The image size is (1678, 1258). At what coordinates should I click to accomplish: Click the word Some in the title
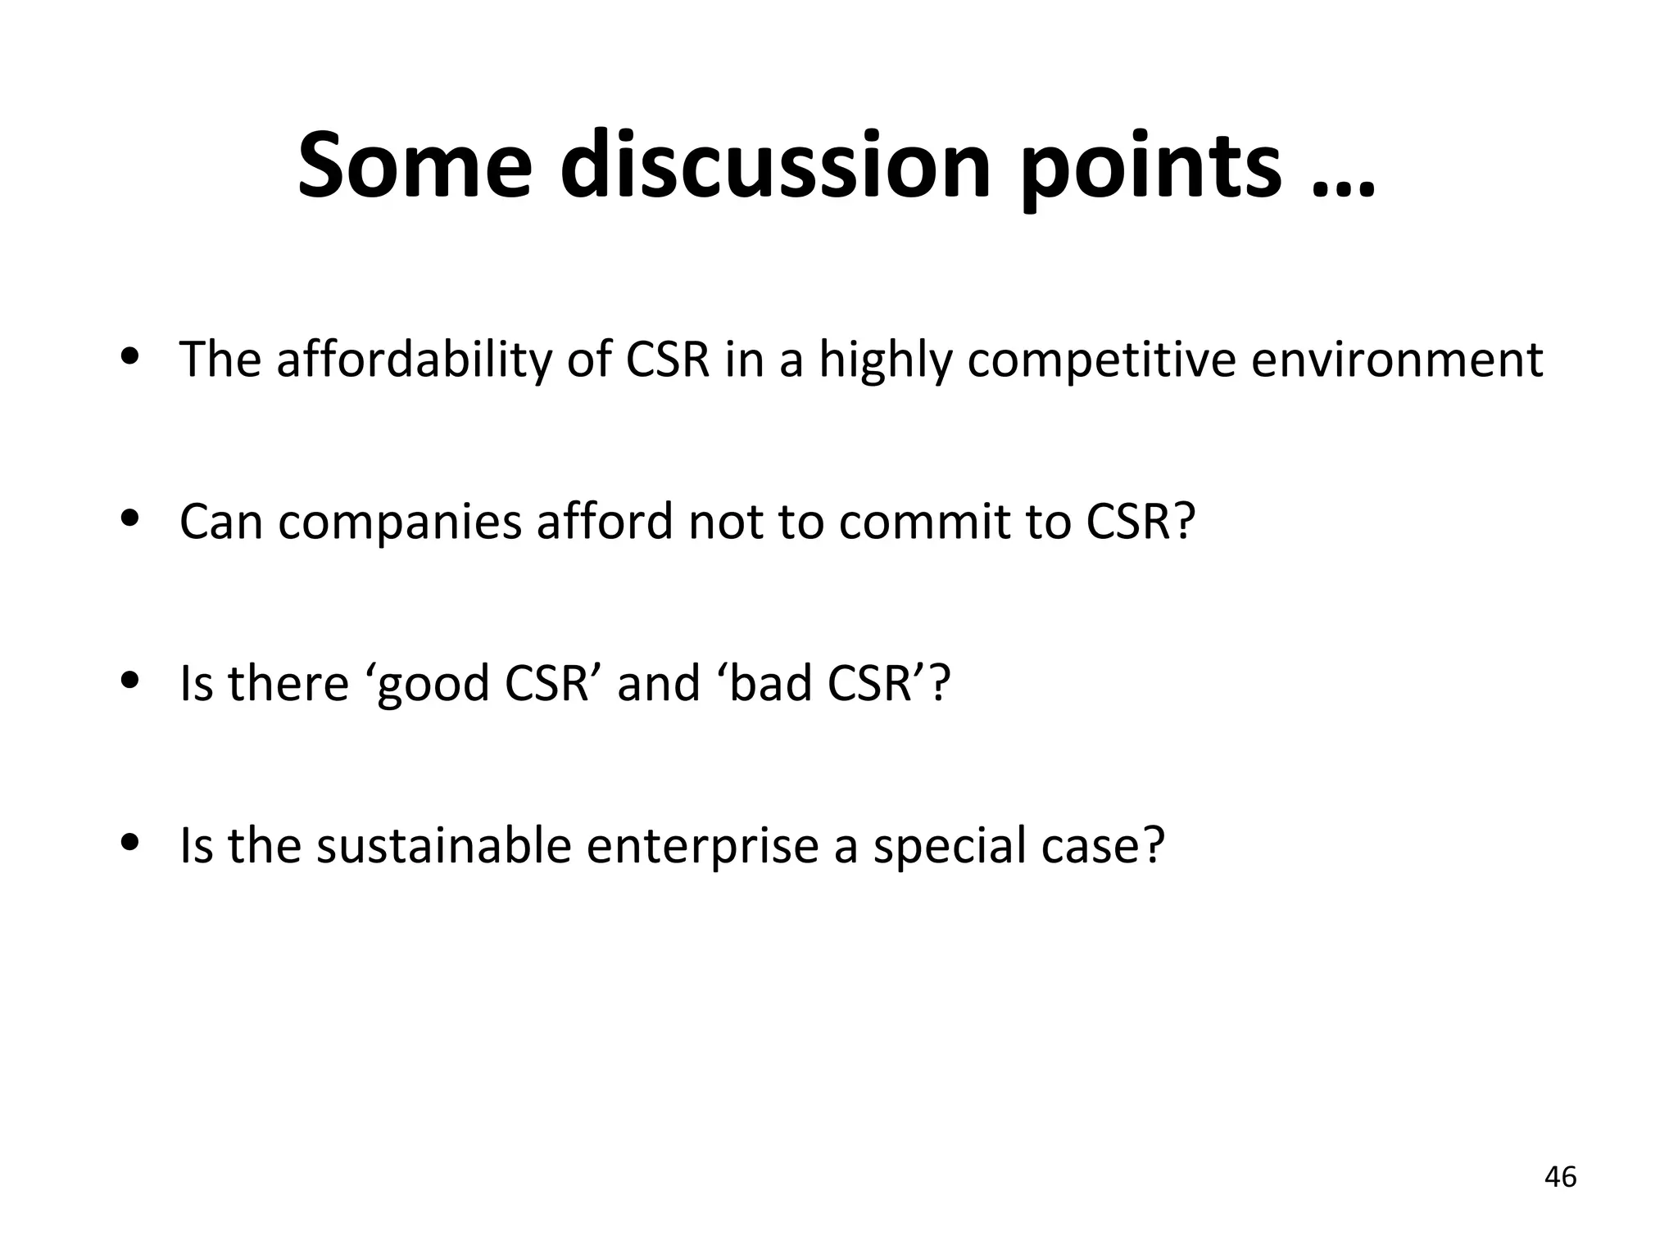click(414, 165)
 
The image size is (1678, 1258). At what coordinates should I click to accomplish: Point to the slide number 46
click(1560, 1177)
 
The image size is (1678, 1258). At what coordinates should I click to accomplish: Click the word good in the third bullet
click(434, 683)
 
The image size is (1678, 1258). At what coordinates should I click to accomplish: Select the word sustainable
click(443, 845)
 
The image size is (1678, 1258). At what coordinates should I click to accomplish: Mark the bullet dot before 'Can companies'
click(129, 518)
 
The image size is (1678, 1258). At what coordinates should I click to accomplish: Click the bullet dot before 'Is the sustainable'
click(129, 842)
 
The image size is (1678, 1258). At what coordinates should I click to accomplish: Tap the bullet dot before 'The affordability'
click(129, 356)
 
